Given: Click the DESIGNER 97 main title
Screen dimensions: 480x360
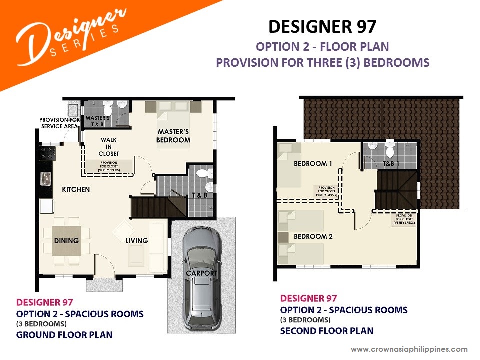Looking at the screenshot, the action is tap(322, 26).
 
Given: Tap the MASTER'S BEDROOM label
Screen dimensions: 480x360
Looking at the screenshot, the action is tap(173, 136).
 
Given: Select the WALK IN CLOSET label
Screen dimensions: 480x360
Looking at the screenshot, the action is tap(109, 147).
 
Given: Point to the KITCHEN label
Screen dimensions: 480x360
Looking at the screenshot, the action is tap(76, 190).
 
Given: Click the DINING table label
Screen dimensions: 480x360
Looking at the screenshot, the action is tap(66, 241).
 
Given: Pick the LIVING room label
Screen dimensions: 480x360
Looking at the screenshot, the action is tap(137, 241).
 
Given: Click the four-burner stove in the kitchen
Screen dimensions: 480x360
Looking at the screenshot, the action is tap(48, 153).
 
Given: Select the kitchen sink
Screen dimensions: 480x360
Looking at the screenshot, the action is tap(46, 179).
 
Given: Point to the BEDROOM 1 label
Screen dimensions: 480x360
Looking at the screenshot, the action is tap(313, 164).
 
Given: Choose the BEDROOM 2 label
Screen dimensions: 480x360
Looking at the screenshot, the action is tap(313, 236).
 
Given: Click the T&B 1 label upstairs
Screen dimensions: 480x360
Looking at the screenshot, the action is tap(391, 164).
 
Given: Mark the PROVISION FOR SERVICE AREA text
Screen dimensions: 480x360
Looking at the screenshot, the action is tap(60, 123).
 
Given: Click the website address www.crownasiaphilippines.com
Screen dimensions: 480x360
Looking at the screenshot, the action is tap(409, 349).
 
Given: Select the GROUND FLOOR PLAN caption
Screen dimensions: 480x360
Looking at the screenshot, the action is tap(64, 335).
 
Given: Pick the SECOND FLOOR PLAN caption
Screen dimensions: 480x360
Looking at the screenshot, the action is tap(327, 331).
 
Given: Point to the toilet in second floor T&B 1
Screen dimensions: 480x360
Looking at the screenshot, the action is tap(390, 149).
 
